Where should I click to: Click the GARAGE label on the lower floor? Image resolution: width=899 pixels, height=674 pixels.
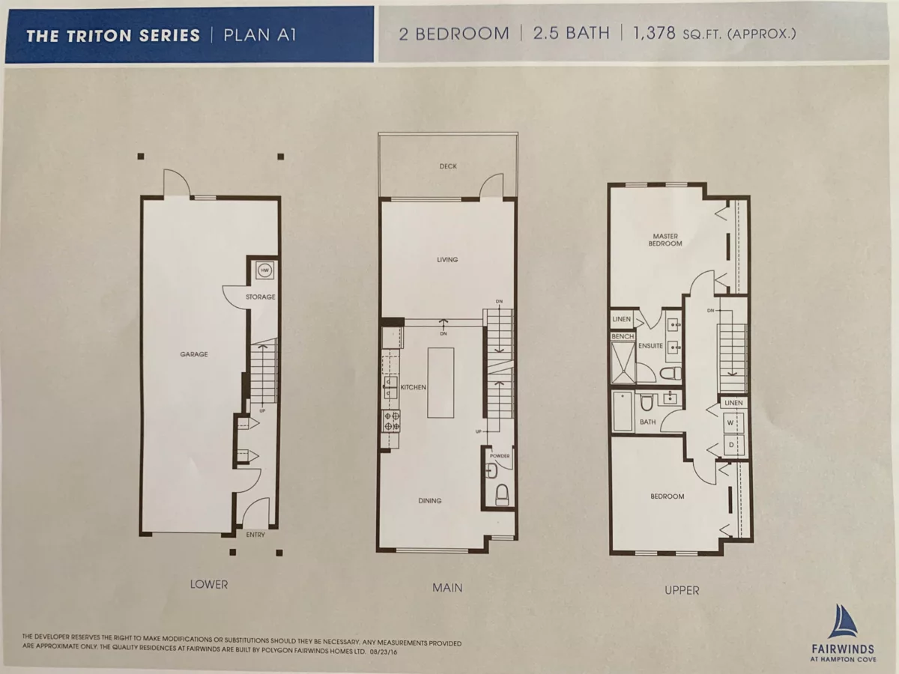pyautogui.click(x=194, y=354)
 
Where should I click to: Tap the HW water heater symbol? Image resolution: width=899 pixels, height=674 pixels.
pyautogui.click(x=265, y=270)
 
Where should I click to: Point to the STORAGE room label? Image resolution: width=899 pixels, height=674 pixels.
pyautogui.click(x=261, y=297)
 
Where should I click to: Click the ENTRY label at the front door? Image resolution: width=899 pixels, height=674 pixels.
pyautogui.click(x=255, y=535)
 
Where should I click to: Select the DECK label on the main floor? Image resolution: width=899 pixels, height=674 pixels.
pyautogui.click(x=448, y=166)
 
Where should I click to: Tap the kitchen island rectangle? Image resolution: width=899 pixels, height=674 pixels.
pyautogui.click(x=441, y=383)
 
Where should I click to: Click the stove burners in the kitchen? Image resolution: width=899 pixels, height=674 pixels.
pyautogui.click(x=391, y=422)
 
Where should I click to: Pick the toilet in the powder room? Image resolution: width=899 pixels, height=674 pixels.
pyautogui.click(x=502, y=494)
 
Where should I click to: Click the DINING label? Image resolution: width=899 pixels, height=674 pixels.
pyautogui.click(x=429, y=500)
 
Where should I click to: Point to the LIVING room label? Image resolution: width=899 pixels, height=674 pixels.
pyautogui.click(x=447, y=259)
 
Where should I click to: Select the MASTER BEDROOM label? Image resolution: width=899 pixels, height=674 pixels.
pyautogui.click(x=665, y=240)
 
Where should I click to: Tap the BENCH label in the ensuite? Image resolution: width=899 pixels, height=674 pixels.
pyautogui.click(x=623, y=336)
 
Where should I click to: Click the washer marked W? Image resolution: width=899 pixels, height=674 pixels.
pyautogui.click(x=731, y=422)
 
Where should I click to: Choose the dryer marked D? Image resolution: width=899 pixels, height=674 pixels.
pyautogui.click(x=731, y=445)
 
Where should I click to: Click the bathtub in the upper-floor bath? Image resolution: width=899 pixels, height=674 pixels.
pyautogui.click(x=623, y=411)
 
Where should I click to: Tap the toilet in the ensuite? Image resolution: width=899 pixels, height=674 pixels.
pyautogui.click(x=671, y=373)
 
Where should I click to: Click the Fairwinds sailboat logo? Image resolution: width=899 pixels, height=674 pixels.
pyautogui.click(x=843, y=622)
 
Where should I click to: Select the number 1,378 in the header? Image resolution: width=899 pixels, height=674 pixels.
pyautogui.click(x=654, y=33)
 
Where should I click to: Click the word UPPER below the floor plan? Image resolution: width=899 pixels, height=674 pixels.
pyautogui.click(x=682, y=590)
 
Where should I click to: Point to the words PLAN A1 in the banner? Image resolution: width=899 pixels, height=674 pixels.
pyautogui.click(x=260, y=35)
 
